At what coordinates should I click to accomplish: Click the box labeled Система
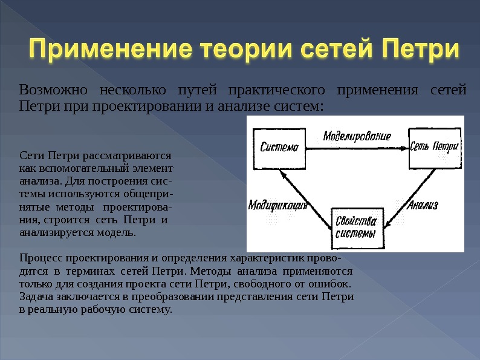pyautogui.click(x=280, y=148)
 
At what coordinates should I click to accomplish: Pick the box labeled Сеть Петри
pyautogui.click(x=433, y=148)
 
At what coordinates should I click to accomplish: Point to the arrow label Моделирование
pyautogui.click(x=357, y=136)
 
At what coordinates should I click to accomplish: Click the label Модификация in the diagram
pyautogui.click(x=278, y=205)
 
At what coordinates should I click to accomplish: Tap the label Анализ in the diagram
pyautogui.click(x=423, y=205)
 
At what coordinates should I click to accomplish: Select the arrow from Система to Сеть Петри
pyautogui.click(x=357, y=147)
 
